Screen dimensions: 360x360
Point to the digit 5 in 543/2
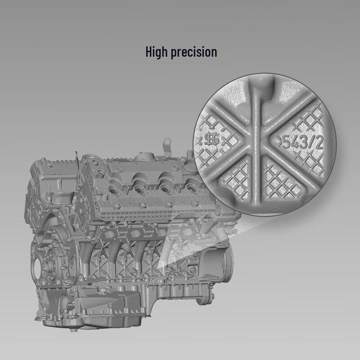point(286,142)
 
